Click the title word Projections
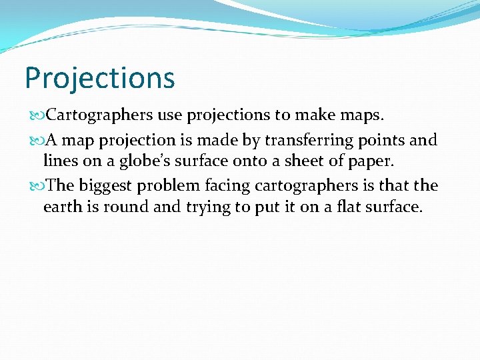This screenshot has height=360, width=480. [x=99, y=78]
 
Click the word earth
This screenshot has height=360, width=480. [x=61, y=207]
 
